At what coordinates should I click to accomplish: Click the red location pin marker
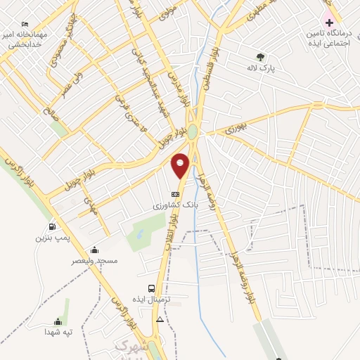click(181, 165)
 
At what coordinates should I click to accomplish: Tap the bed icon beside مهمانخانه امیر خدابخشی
click(25, 23)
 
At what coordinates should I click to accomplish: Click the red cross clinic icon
click(328, 22)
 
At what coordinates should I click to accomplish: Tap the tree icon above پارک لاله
click(261, 58)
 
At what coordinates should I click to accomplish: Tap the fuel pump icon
click(52, 226)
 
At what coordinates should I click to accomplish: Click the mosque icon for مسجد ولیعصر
click(94, 250)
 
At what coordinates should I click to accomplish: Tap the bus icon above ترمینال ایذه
click(152, 288)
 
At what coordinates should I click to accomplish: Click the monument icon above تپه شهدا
click(58, 321)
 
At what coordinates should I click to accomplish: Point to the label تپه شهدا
click(58, 332)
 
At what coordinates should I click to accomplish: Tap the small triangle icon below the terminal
click(160, 319)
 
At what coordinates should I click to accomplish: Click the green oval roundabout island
click(193, 131)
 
